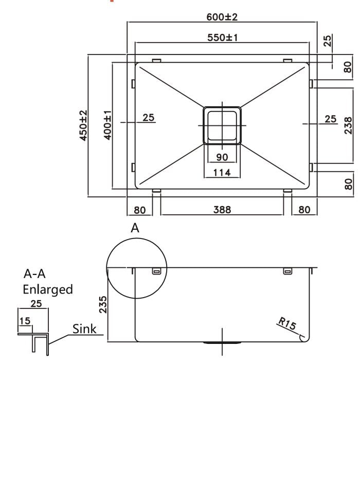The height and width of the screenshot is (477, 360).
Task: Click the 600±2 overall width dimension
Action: (x=222, y=17)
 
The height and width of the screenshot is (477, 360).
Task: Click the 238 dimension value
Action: (x=348, y=124)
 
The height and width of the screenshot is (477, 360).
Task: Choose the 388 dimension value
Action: (x=222, y=210)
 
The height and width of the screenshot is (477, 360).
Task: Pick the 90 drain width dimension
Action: (x=222, y=157)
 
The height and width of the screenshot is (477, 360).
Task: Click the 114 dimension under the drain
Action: (x=222, y=172)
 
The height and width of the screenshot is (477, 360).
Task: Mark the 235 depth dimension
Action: (x=102, y=304)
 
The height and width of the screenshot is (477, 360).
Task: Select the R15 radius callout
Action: (x=286, y=324)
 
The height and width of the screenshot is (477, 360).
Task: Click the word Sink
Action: (x=84, y=329)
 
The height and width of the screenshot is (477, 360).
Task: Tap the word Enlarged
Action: (x=47, y=289)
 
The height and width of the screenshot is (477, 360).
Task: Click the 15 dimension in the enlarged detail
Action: (x=24, y=321)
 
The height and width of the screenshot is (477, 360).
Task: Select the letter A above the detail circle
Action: (x=135, y=228)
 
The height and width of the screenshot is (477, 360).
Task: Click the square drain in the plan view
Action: (x=222, y=125)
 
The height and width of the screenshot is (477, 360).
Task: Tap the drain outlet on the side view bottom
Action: (x=222, y=342)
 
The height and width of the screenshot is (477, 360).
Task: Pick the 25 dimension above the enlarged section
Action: (x=35, y=303)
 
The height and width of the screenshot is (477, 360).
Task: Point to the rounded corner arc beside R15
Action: (x=304, y=337)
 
